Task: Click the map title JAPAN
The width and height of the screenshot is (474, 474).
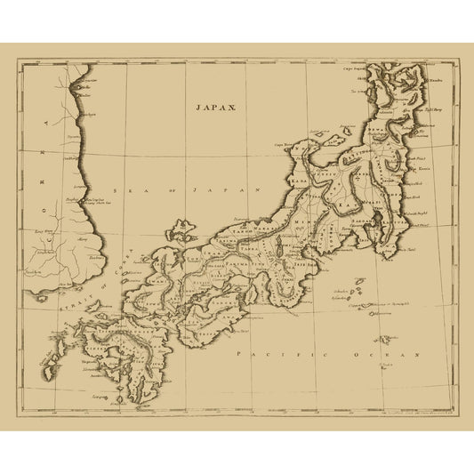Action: (216, 105)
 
